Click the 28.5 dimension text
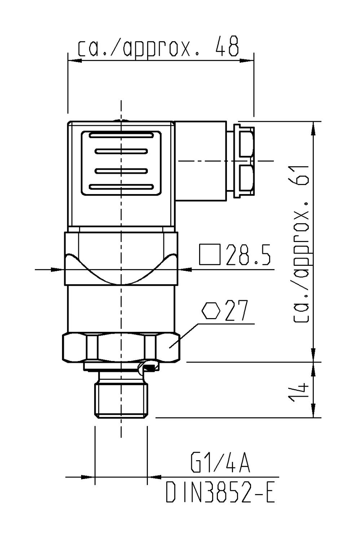(248, 255)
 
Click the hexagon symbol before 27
(211, 311)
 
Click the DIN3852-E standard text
(220, 493)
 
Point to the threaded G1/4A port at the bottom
(121, 400)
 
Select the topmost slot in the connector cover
(121, 136)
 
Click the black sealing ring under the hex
(150, 368)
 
